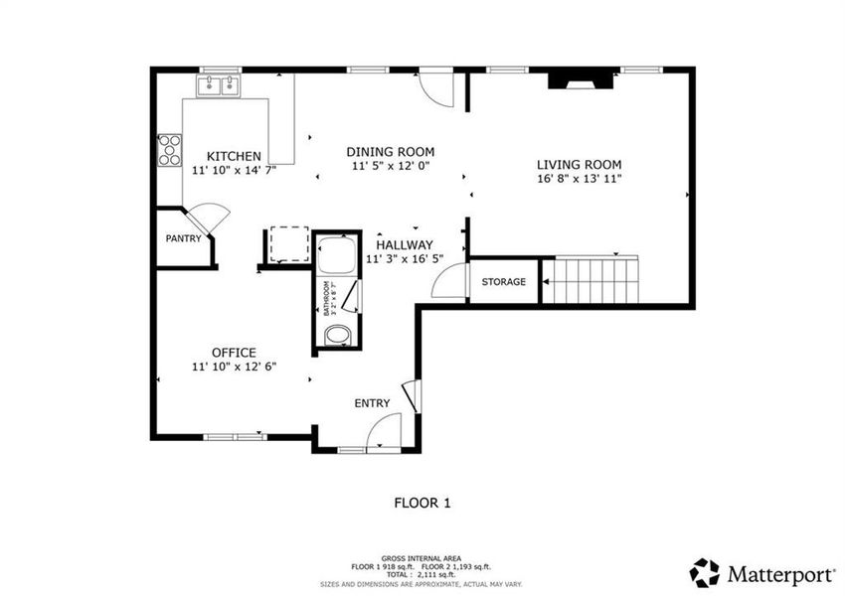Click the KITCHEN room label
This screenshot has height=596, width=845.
(x=234, y=156)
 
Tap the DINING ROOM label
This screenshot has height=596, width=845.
(x=390, y=152)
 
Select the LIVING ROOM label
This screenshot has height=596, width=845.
(x=579, y=165)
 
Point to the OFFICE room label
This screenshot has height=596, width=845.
(x=234, y=353)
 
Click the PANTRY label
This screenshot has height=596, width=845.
(x=183, y=238)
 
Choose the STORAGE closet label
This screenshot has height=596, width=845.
(x=504, y=282)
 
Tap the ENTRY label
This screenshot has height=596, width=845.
(x=372, y=403)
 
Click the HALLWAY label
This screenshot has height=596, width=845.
(x=404, y=244)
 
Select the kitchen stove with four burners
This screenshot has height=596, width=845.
(x=170, y=149)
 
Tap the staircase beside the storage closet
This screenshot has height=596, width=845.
(x=593, y=281)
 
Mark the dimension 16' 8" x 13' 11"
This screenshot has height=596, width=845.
(x=579, y=180)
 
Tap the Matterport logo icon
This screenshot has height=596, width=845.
(x=704, y=572)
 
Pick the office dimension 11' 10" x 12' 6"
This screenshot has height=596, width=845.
(x=234, y=367)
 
